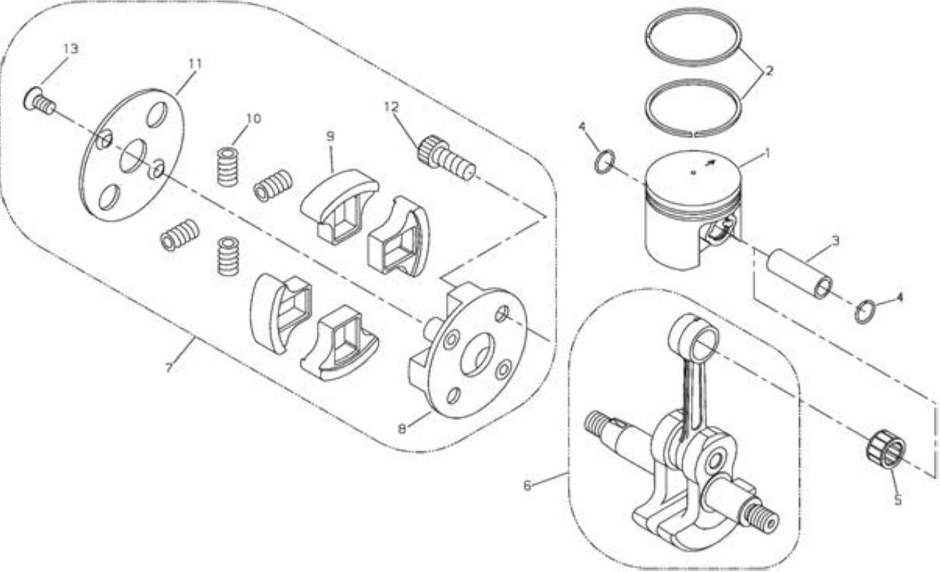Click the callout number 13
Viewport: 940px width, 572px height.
click(x=71, y=49)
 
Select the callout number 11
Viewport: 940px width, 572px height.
click(x=195, y=64)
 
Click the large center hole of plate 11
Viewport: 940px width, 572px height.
click(x=133, y=156)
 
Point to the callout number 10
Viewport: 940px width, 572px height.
click(x=253, y=119)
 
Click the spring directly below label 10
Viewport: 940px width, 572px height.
click(x=228, y=166)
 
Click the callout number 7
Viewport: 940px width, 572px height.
click(x=169, y=368)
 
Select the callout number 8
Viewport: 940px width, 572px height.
click(x=402, y=429)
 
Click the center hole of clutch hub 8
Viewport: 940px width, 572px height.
click(x=477, y=355)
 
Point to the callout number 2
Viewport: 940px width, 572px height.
click(x=769, y=71)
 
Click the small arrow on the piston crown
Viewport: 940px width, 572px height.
click(x=709, y=163)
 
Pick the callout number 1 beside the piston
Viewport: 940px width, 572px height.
click(x=767, y=153)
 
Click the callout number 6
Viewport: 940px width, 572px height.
click(x=527, y=485)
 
